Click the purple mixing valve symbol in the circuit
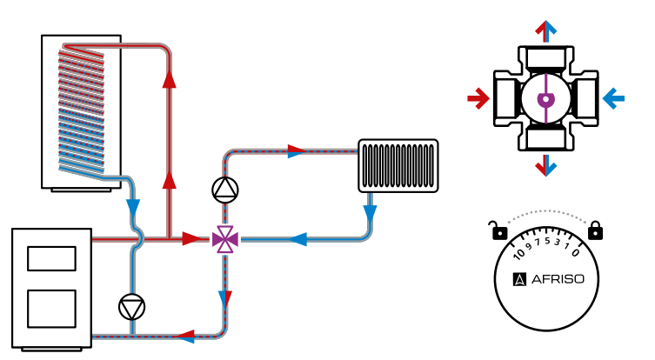point(225,238)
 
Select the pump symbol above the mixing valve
point(224,189)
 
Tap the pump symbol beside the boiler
point(132,306)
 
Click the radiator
point(398,165)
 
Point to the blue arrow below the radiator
point(370,211)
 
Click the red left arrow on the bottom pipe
point(185,335)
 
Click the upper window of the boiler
point(51,259)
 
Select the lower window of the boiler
point(51,308)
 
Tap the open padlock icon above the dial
point(498,231)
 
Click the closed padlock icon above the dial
point(595,230)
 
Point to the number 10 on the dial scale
point(520,254)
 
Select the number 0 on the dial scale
point(576,253)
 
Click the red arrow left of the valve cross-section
point(478,98)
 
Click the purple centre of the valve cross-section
point(545,99)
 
